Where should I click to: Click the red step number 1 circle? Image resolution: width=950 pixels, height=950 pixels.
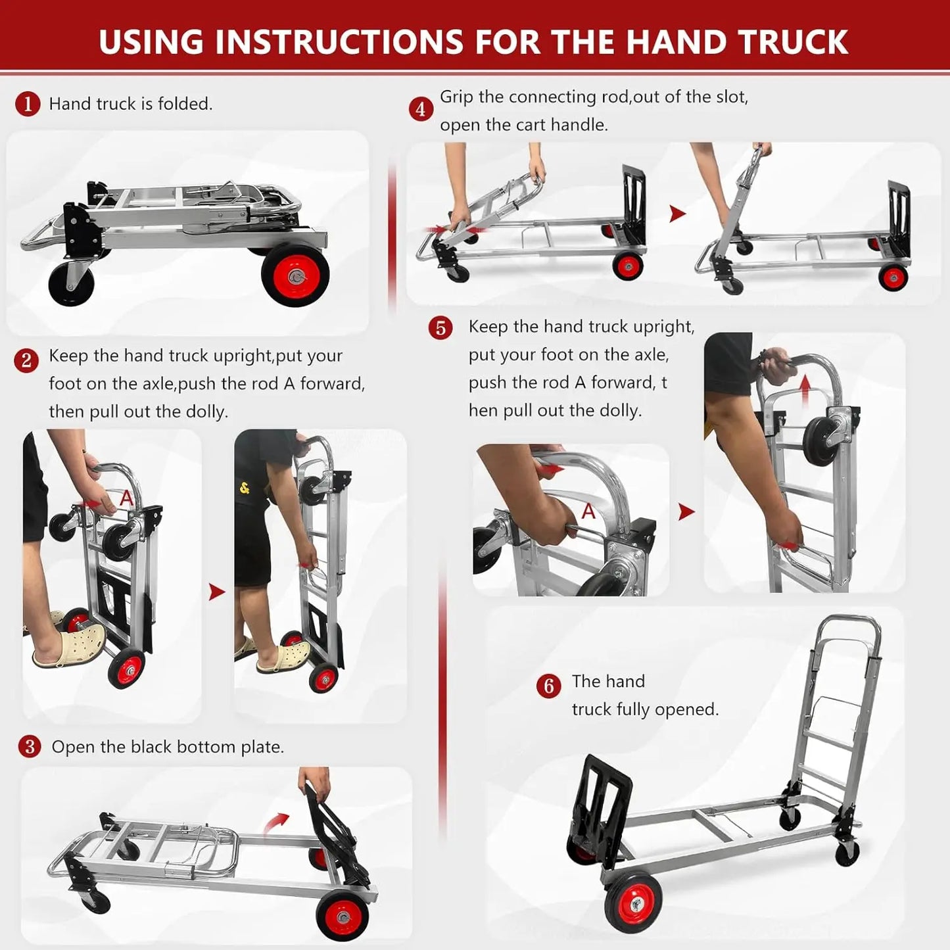point(28,104)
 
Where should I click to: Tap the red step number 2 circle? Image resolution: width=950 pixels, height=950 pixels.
point(26,360)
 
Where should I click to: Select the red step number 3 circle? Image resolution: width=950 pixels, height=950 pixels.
point(30,746)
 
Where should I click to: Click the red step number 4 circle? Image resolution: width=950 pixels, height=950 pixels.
point(421,109)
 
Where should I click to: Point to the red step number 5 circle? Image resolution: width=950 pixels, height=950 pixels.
point(440,328)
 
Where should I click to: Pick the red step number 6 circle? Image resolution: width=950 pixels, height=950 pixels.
point(549,686)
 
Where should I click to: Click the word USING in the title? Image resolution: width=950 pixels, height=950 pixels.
point(151,41)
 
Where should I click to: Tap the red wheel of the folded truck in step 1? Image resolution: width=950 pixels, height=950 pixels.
point(295,275)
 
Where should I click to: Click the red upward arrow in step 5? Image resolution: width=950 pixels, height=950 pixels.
point(805,391)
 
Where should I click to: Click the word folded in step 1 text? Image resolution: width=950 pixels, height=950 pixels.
point(184,103)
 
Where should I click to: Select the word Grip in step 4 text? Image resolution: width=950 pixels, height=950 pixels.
point(456,97)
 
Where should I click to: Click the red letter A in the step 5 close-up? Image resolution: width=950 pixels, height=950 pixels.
point(588,511)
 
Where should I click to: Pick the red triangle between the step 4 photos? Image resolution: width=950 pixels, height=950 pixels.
point(677,214)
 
